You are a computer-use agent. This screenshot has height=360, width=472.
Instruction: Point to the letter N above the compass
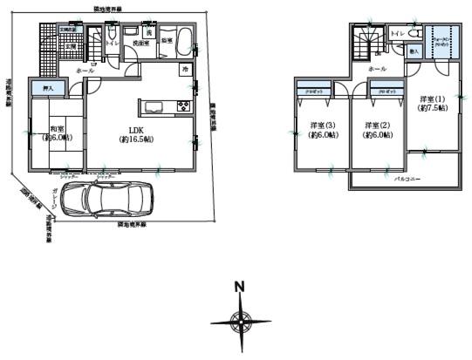tap(240, 289)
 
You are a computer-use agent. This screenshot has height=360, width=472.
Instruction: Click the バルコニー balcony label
tap(407, 176)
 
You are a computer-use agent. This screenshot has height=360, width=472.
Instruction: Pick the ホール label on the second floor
tap(377, 68)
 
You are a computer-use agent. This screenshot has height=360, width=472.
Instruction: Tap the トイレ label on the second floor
tap(397, 33)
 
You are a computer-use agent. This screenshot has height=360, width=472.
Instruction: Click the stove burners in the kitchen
tap(184, 106)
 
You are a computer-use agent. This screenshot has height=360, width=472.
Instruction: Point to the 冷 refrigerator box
tap(184, 71)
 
